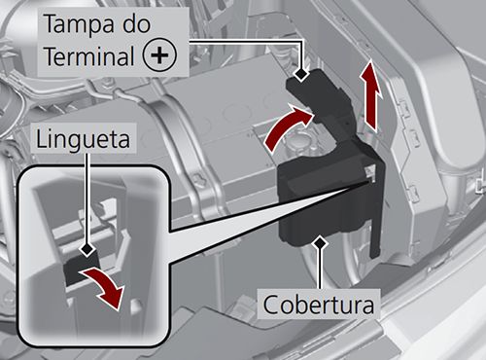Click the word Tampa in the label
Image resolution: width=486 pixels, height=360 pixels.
tap(79, 23)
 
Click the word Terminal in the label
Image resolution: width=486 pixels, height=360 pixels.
tap(89, 55)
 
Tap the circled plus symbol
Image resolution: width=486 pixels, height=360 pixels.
tap(160, 55)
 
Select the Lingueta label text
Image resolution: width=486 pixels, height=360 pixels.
tap(83, 139)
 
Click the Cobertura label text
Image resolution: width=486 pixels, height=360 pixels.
tap(319, 305)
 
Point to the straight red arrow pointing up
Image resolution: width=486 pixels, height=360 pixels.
tap(370, 96)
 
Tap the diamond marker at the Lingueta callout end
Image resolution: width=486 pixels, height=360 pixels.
tap(87, 249)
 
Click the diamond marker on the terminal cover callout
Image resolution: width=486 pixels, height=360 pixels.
tap(301, 74)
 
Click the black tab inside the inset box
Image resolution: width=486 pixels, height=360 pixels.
tap(81, 270)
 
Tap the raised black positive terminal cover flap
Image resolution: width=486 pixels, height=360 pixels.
tap(319, 97)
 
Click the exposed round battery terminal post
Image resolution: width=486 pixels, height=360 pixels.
tap(295, 143)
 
